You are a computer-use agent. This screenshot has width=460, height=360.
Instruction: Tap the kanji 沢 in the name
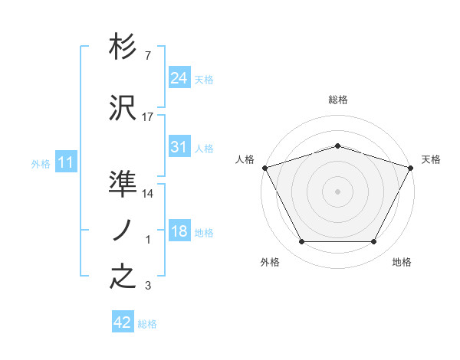click(123, 109)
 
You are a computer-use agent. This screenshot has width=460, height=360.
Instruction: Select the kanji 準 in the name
click(123, 182)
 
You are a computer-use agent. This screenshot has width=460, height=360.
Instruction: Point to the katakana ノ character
click(123, 230)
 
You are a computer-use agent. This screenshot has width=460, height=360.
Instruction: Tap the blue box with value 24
click(179, 78)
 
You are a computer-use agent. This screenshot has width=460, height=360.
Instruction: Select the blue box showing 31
click(179, 147)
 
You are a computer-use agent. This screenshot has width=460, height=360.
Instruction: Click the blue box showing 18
click(179, 231)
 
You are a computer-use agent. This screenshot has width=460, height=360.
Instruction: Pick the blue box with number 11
click(66, 162)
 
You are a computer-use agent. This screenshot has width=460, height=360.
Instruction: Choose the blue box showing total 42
click(123, 322)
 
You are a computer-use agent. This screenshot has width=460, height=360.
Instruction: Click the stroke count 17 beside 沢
click(148, 117)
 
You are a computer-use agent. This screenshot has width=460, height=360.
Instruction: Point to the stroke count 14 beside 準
click(148, 194)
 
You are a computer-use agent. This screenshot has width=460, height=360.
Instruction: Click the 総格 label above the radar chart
click(337, 100)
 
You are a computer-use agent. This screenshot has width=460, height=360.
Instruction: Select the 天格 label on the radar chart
click(431, 159)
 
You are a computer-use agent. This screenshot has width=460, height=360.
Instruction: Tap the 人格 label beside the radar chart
click(245, 159)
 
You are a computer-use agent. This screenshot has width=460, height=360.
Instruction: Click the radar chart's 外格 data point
click(301, 242)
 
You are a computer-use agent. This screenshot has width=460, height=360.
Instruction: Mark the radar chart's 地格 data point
click(374, 242)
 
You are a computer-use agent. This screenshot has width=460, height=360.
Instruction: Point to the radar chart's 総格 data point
click(337, 146)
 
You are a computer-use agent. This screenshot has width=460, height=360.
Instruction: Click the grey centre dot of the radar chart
click(337, 191)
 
